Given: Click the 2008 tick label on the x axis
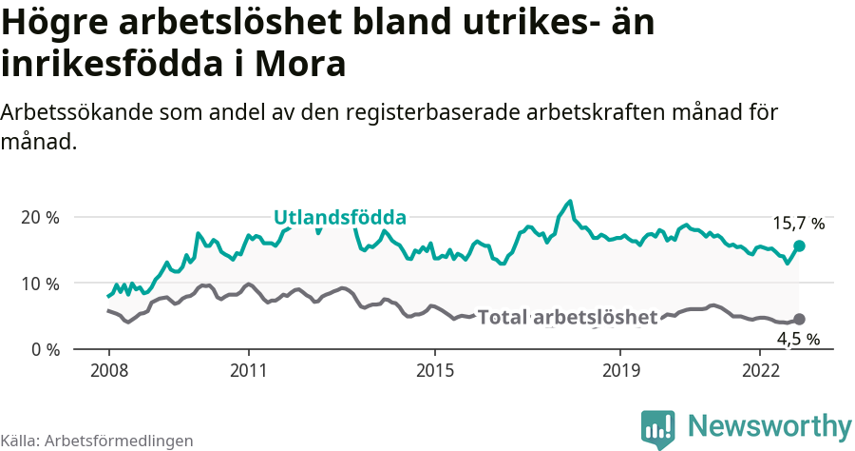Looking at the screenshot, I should tap(108, 369).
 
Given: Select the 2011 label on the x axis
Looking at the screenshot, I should tap(248, 369).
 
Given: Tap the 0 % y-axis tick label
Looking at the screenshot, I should tap(45, 349).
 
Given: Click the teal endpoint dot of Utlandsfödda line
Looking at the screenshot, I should tap(799, 245).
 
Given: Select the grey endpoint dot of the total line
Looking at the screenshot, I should tap(799, 320).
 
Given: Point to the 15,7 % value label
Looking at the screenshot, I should tap(798, 224).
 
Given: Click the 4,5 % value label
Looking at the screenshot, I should tap(798, 339).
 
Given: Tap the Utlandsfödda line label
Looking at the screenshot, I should tap(340, 217).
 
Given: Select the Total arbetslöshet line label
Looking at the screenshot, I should tap(567, 317).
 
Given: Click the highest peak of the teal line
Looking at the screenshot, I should tap(570, 202).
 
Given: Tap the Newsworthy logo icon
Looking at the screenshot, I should tap(658, 429).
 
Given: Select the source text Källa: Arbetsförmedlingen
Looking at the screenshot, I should tap(97, 441).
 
